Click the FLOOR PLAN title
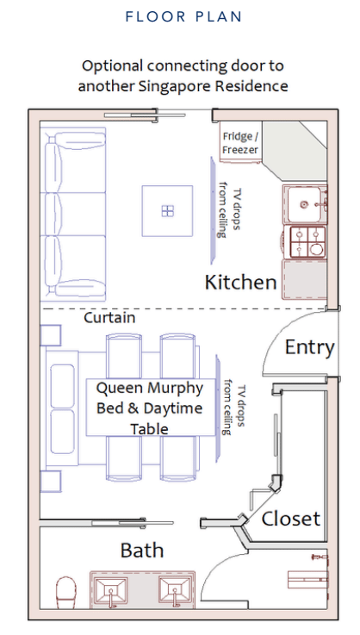[x=183, y=16]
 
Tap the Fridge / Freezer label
[x=240, y=143]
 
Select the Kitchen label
[x=240, y=283]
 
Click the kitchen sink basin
[x=305, y=204]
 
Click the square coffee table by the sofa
[x=167, y=210]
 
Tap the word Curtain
[x=109, y=317]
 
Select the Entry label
[x=310, y=347]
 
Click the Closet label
[x=291, y=519]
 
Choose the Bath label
[x=142, y=551]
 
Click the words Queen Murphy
[x=150, y=389]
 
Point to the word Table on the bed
[x=150, y=428]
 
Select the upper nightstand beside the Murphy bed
[x=51, y=335]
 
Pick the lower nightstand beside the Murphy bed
[x=51, y=481]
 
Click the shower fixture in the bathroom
[x=319, y=557]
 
